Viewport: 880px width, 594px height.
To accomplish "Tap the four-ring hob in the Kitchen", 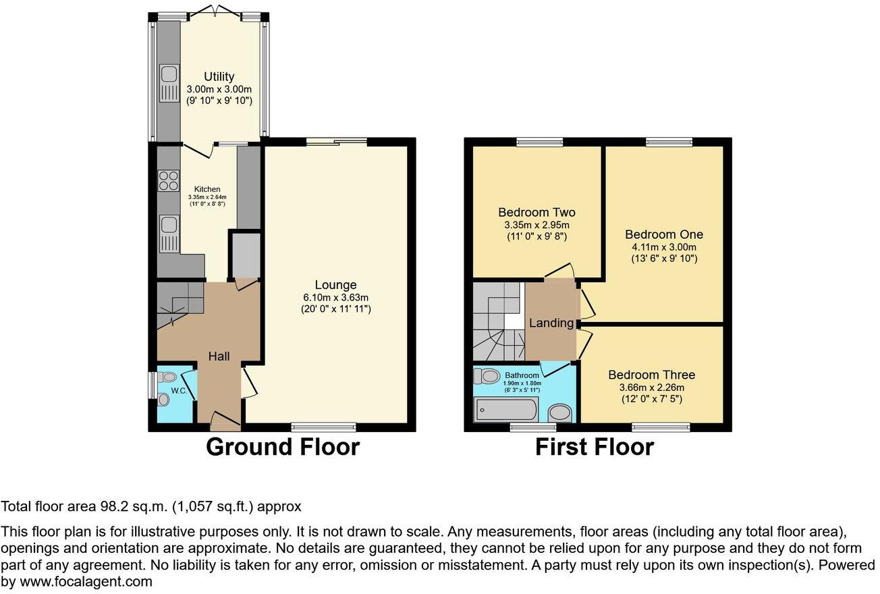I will [x=168, y=182].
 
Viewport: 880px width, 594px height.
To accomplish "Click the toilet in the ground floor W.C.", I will [x=168, y=377].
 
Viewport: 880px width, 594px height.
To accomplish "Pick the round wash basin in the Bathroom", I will [x=559, y=412].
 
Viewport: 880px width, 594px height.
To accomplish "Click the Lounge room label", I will [x=335, y=285].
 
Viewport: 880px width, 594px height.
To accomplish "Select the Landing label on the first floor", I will [x=551, y=323].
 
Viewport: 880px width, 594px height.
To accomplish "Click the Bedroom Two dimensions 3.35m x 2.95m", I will [x=537, y=225].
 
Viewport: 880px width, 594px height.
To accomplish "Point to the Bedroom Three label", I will [x=651, y=375].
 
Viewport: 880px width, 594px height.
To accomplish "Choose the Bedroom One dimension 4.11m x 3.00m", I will [x=663, y=247].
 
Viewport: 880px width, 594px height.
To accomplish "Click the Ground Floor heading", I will [x=282, y=447].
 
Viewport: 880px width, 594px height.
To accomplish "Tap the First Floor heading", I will [x=594, y=447].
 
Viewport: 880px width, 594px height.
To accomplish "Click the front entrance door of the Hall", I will [x=225, y=421].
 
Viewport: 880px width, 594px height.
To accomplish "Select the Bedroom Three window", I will [x=661, y=427].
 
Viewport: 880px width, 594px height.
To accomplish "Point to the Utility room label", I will [x=219, y=77].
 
